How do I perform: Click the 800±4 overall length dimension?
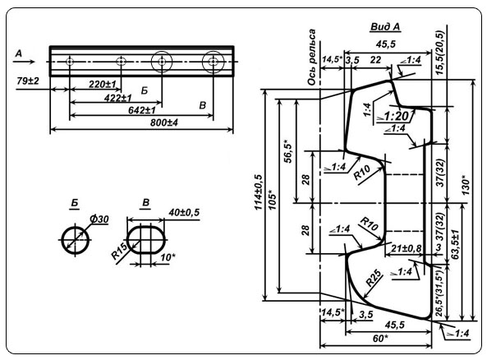click(164, 122)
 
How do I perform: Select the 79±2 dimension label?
click(28, 81)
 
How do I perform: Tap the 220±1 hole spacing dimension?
click(102, 85)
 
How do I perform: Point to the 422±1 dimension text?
click(118, 99)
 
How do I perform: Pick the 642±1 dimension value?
click(141, 110)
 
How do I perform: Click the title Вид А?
click(385, 27)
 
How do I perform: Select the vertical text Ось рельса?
click(311, 58)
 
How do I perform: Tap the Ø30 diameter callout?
click(99, 219)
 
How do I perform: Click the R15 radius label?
click(120, 252)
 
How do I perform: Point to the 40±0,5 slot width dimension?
click(184, 212)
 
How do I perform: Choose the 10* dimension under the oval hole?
click(168, 257)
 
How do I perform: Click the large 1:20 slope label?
click(396, 116)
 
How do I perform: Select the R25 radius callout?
click(373, 278)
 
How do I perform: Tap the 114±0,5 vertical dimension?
click(259, 193)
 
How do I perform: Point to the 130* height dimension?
click(466, 186)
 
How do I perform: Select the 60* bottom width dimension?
click(379, 339)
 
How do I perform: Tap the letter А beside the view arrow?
click(19, 53)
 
